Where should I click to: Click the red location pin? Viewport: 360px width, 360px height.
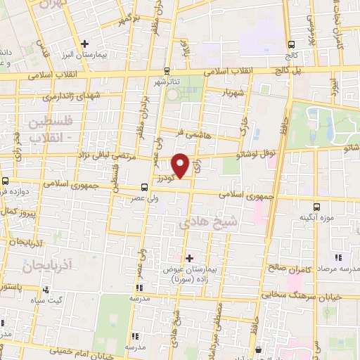point(181,166)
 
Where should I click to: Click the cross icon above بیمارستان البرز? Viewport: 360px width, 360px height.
point(84,44)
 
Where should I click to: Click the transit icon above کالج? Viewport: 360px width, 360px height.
point(291,44)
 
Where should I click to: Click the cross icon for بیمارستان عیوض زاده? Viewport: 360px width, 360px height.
point(188,258)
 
